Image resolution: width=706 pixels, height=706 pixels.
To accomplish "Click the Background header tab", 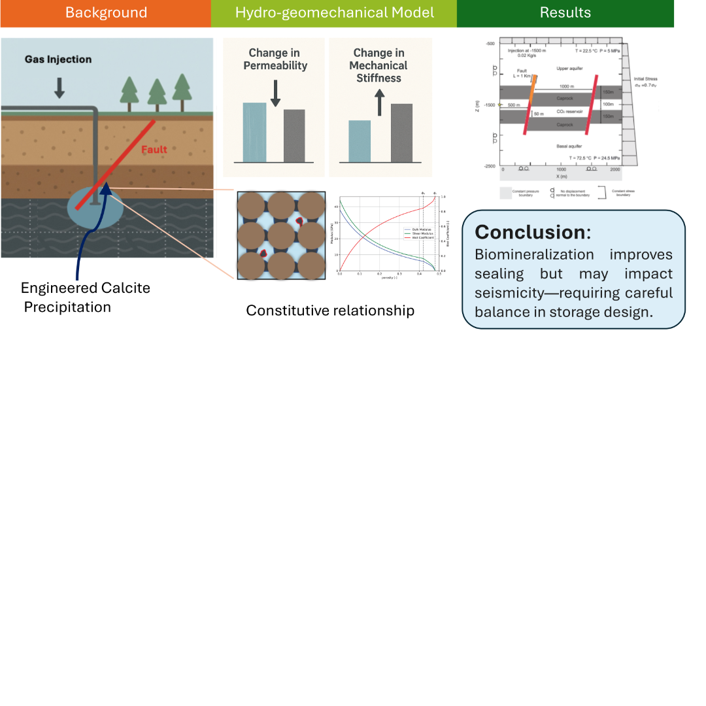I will point(106,13).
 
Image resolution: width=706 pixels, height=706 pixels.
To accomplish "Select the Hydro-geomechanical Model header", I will point(334,13).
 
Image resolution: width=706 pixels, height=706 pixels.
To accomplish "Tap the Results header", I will point(565,13).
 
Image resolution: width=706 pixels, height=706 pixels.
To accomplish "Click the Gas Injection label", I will point(58,59).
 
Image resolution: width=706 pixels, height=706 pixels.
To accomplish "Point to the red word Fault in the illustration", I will point(154,150).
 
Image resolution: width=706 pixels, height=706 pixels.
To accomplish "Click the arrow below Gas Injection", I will point(59,88).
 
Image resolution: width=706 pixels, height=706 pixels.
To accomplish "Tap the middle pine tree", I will point(157,94).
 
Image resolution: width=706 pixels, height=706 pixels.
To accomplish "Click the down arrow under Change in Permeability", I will point(275,93).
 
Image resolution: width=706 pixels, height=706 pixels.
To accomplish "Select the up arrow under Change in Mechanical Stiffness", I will point(379,102).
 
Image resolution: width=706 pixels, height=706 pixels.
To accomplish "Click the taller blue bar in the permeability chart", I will point(255,132).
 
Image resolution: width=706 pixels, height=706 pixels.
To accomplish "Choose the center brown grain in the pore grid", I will point(280,235).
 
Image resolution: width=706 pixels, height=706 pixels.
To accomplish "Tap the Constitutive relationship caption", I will point(329,311).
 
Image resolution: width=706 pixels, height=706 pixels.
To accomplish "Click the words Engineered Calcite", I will point(85,288).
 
